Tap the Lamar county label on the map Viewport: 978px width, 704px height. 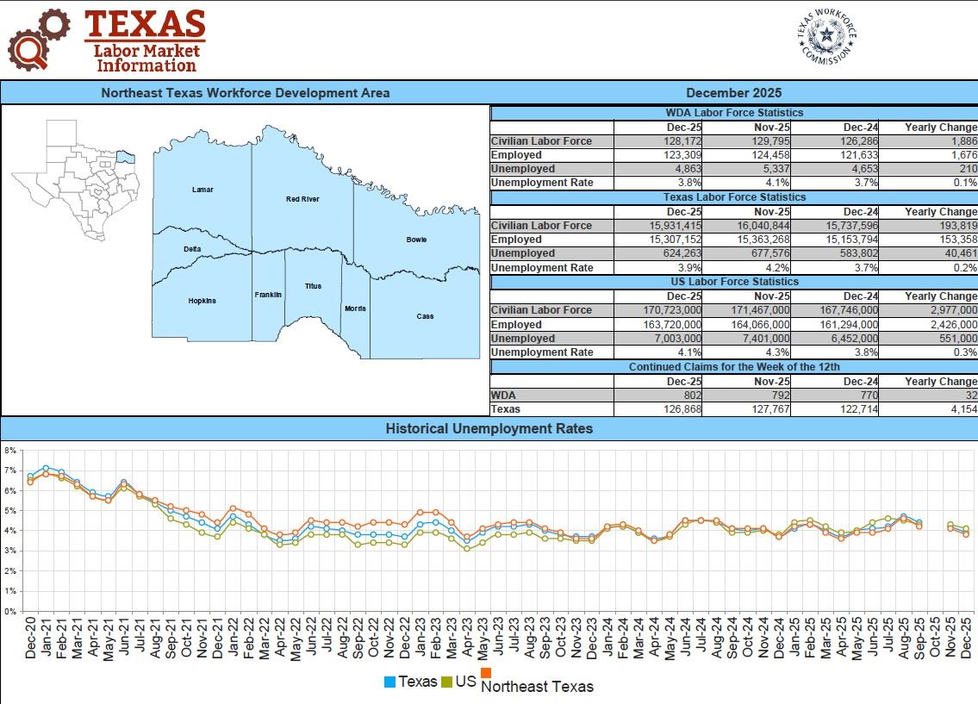202,190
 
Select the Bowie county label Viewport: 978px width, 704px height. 416,240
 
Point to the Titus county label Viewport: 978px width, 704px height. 313,286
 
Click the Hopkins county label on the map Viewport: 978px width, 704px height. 202,301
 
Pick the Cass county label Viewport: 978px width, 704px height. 425,316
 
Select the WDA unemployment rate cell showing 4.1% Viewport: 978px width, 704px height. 775,183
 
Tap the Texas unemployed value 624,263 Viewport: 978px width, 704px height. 678,253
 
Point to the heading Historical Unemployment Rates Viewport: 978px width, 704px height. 489,428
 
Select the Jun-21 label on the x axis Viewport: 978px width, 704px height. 125,640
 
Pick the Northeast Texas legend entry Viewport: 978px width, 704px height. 537,686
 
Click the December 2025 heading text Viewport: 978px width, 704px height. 733,93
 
